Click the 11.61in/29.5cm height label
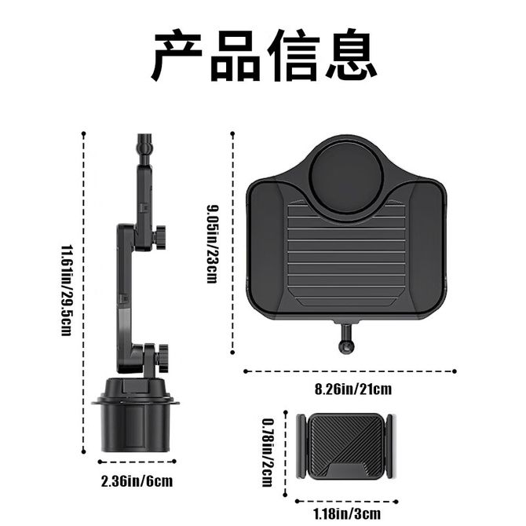(x=66, y=290)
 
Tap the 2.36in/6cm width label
(x=137, y=481)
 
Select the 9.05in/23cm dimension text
(x=212, y=244)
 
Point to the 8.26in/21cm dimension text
(x=353, y=389)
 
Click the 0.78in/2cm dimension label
(x=268, y=452)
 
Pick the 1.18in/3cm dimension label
(x=347, y=513)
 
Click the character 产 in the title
(x=177, y=56)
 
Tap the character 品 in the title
(x=236, y=56)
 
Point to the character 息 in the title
(x=351, y=56)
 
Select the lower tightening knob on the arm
(x=163, y=357)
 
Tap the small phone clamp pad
(x=345, y=446)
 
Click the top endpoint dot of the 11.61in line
(x=83, y=133)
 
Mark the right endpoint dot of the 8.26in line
(x=455, y=371)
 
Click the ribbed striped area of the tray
(x=346, y=255)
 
